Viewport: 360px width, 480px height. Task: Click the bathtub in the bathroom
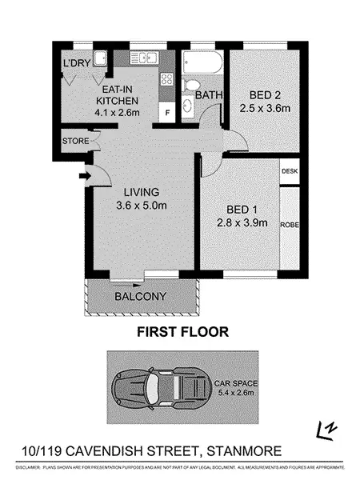(x=202, y=62)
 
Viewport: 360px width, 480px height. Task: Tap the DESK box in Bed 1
(x=289, y=171)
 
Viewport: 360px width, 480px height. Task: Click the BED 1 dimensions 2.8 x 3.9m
(x=242, y=222)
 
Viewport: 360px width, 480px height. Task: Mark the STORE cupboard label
(x=75, y=142)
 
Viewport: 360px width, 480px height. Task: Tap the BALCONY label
(x=140, y=296)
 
